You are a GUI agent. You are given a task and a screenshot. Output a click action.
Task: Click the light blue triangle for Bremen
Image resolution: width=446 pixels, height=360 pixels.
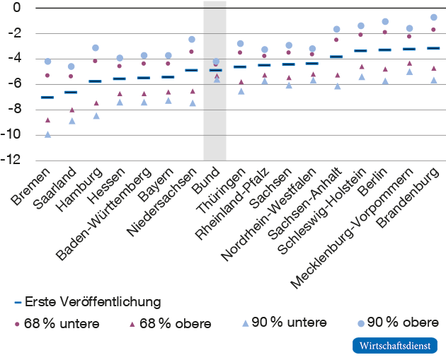[47, 134]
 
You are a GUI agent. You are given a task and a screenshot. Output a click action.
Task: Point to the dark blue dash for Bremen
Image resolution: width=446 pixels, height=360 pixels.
[47, 97]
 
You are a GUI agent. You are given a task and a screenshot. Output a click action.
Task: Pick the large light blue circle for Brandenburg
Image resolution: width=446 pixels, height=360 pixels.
[433, 17]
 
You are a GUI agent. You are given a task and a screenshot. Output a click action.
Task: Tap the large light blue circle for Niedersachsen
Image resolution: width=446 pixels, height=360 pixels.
[192, 40]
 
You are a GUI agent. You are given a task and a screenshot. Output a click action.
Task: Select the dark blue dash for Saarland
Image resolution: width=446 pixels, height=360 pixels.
[71, 92]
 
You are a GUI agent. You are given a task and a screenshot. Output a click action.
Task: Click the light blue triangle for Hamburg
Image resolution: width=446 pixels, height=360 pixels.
[96, 115]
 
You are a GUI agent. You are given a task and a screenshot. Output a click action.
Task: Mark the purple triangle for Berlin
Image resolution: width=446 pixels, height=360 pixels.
[385, 69]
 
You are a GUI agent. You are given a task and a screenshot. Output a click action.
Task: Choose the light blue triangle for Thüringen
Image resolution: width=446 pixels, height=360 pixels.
[241, 91]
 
